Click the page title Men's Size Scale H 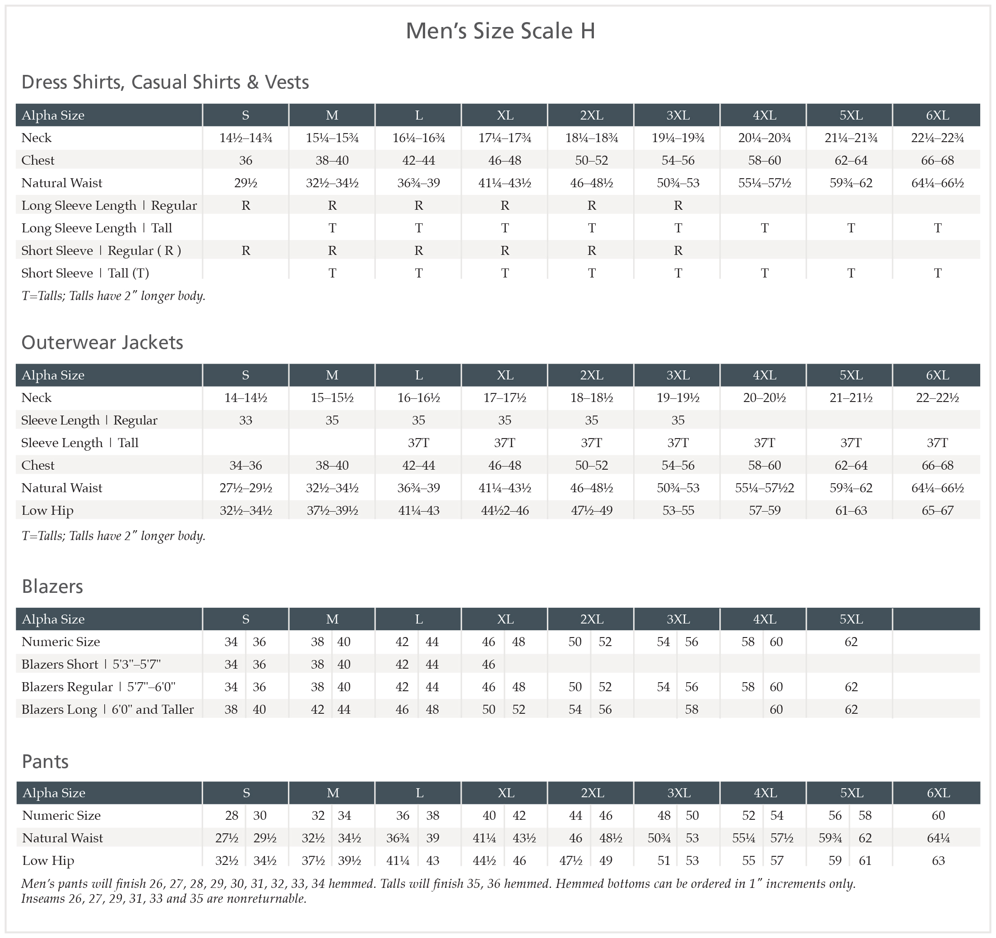(500, 31)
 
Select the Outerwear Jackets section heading (102, 342)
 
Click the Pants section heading (45, 761)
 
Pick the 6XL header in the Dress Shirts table (937, 115)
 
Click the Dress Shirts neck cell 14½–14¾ (246, 138)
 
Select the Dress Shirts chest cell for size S (246, 160)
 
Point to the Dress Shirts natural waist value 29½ (246, 183)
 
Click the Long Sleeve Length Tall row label (97, 228)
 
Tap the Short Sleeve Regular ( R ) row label (101, 250)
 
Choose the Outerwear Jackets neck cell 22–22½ (937, 397)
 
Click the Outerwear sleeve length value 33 (246, 420)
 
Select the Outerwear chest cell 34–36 (246, 465)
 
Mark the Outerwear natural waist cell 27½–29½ (246, 488)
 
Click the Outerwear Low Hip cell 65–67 (937, 510)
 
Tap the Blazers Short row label (91, 664)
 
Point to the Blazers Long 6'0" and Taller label (107, 709)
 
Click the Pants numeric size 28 (232, 815)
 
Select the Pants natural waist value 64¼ (938, 838)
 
